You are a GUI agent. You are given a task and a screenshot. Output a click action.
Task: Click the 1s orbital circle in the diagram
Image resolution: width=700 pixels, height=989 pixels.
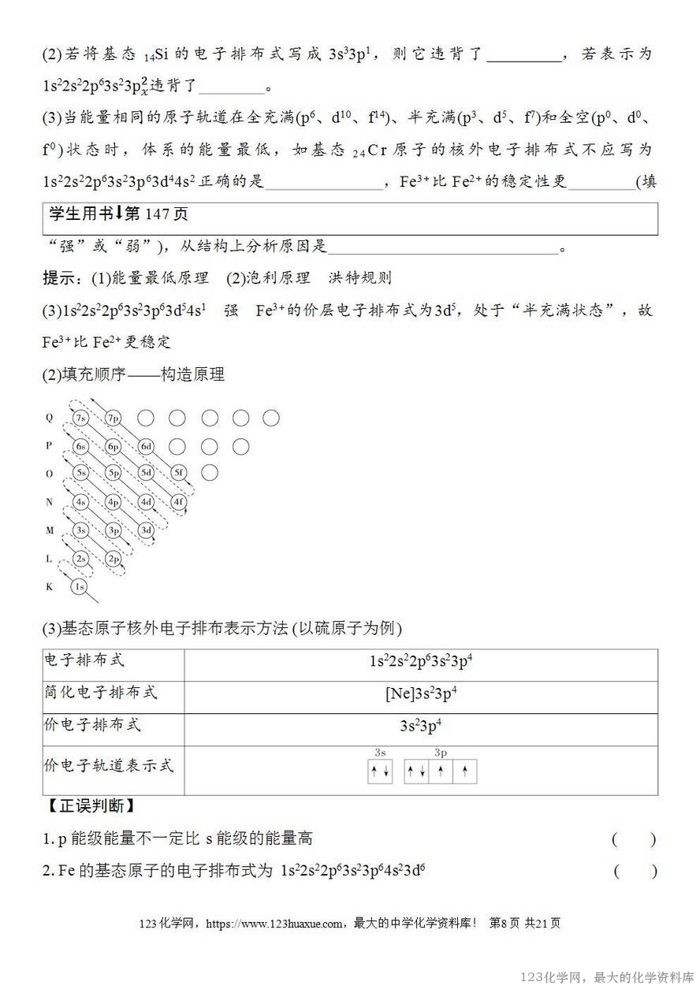coord(79,587)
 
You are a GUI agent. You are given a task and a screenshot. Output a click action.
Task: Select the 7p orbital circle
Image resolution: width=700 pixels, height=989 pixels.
coord(113,418)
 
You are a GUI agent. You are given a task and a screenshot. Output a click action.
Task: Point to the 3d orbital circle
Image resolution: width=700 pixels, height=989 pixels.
coord(146,530)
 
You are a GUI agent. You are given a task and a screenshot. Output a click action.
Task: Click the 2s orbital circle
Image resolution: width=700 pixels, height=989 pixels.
coord(80,559)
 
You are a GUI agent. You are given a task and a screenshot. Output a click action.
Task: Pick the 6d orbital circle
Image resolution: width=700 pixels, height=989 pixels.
coord(146,447)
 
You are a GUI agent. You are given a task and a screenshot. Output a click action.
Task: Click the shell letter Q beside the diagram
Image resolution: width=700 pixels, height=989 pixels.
coord(49,418)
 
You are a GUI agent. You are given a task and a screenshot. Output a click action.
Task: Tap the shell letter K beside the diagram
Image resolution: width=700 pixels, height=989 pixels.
coord(49,587)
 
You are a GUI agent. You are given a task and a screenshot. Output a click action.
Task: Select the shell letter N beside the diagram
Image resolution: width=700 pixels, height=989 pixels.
coord(49,502)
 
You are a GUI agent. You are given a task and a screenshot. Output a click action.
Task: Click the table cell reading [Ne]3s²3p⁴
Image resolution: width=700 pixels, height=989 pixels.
coord(421,694)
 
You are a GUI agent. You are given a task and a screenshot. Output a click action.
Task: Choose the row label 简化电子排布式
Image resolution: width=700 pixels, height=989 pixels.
coord(100,693)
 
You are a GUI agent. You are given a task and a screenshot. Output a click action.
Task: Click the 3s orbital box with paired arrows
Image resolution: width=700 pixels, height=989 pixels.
coord(380,772)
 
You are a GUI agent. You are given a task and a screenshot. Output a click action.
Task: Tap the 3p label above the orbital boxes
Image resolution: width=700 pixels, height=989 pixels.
coord(441,753)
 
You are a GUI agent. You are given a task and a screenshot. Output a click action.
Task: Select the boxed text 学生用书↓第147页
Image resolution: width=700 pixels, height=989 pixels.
coord(119,214)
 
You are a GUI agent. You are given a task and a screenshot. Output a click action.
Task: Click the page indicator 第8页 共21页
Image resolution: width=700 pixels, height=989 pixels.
coord(525,924)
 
